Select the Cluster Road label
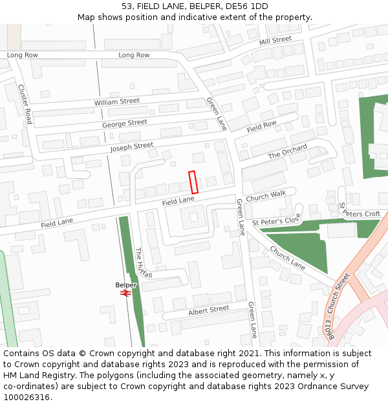(25, 104)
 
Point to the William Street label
(116, 101)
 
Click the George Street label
(124, 123)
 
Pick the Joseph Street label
(131, 147)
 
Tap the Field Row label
(261, 127)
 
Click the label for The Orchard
(288, 152)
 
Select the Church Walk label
(265, 195)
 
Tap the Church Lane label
(287, 258)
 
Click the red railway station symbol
(125, 293)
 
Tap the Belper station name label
(126, 285)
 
